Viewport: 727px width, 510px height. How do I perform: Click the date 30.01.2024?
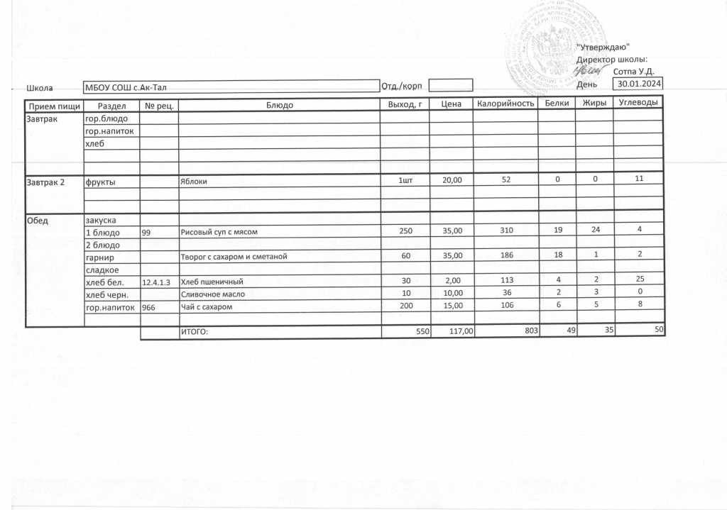pos(639,84)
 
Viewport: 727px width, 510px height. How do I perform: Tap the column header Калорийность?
pos(505,104)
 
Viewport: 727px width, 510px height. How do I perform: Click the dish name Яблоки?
pos(193,181)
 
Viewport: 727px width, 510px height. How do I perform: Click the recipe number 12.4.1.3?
pos(156,282)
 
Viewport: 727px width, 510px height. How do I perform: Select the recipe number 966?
pos(149,307)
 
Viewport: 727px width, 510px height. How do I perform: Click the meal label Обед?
pos(38,220)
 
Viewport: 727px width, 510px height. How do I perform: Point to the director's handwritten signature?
pos(591,70)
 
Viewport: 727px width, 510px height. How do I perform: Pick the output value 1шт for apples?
pos(405,181)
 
